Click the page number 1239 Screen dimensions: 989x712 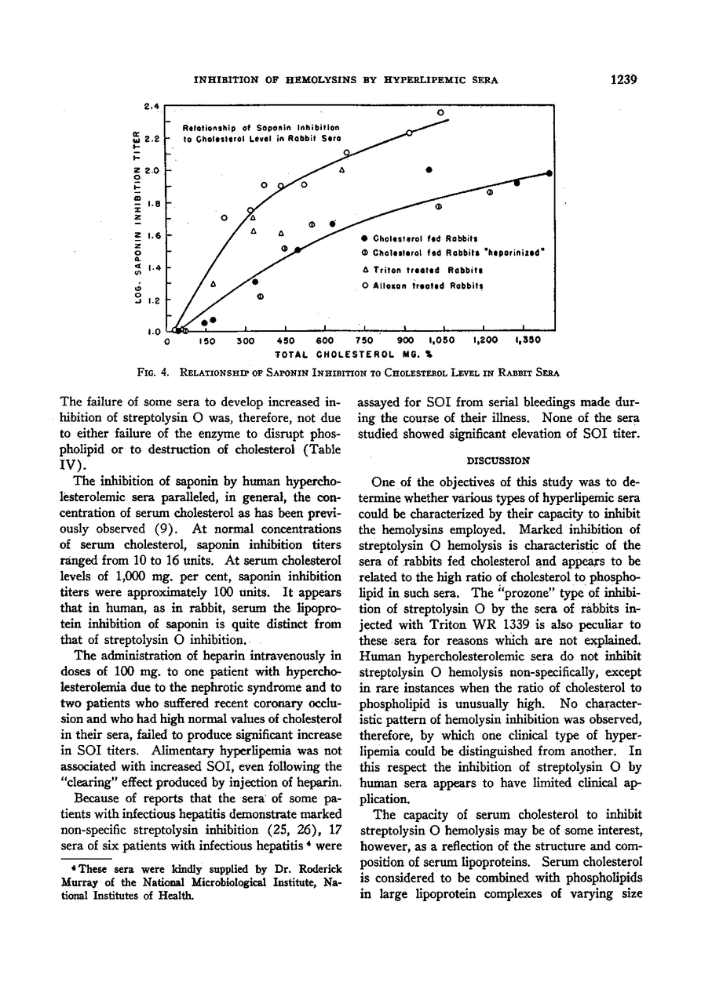pos(620,78)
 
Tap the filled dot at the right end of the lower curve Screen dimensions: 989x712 pos(549,173)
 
